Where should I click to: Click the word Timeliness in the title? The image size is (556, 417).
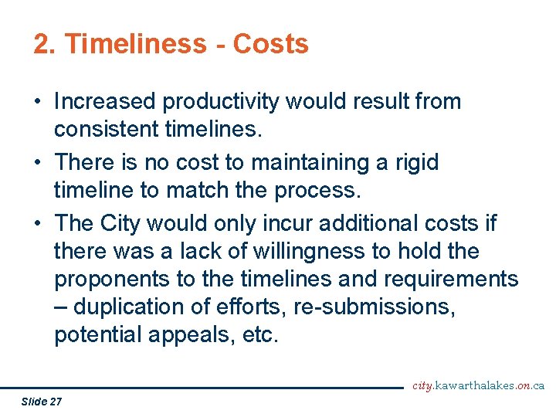click(136, 44)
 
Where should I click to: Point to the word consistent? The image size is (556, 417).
click(107, 130)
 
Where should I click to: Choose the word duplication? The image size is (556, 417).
click(131, 307)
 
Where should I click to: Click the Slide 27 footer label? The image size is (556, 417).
click(42, 402)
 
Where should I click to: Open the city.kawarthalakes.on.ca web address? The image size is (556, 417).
click(479, 385)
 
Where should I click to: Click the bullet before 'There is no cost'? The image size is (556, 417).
click(39, 163)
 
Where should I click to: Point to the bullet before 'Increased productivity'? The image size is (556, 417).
click(39, 102)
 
